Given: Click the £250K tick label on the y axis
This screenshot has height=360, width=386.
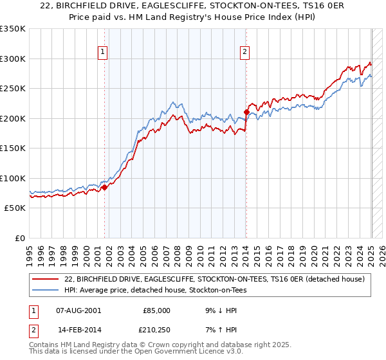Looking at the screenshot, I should [x=13, y=89].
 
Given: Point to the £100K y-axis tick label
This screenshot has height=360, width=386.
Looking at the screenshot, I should [x=13, y=178].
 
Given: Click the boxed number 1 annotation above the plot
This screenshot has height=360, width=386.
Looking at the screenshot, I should [x=104, y=53].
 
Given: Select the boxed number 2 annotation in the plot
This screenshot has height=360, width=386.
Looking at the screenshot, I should [x=245, y=53].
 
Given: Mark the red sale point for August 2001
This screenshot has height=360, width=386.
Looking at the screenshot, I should [x=105, y=188].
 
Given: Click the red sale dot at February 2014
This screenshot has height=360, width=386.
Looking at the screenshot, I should [x=246, y=113].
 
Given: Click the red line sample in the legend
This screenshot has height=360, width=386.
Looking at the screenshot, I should [x=46, y=279].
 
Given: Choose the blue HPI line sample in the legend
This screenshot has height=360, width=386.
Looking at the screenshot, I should [x=46, y=290].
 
